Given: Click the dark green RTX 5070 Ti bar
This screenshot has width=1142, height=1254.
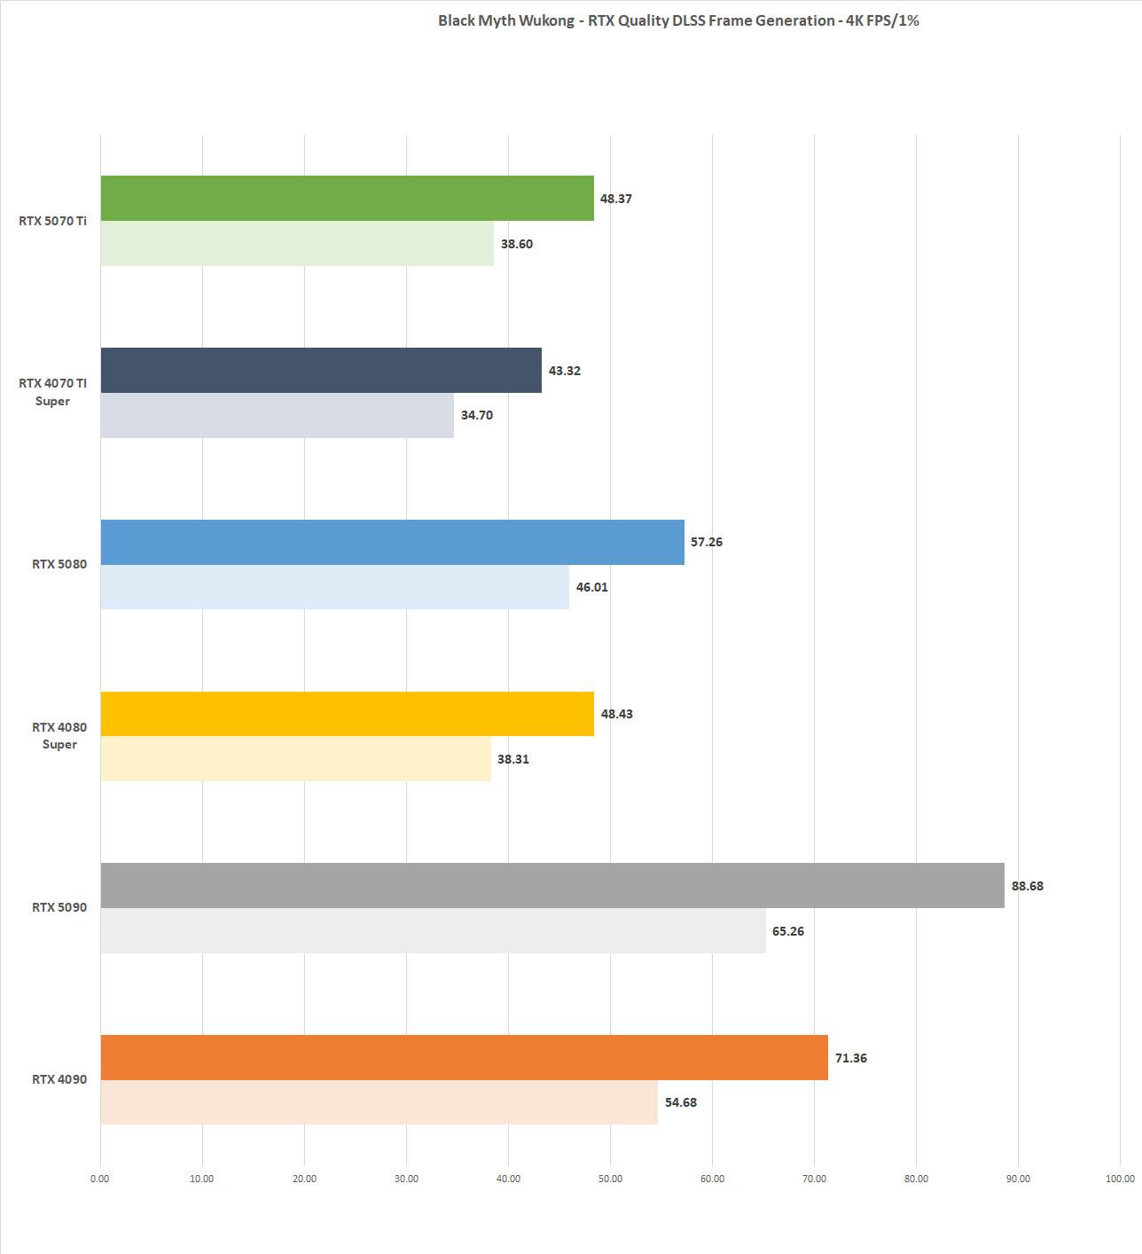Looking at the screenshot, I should point(347,198).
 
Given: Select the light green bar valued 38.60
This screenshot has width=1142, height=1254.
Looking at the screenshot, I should point(297,243).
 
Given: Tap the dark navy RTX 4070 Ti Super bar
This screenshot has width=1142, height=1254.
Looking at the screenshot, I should point(321,370).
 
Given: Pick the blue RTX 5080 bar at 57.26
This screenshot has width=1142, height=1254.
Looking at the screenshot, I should point(392,542).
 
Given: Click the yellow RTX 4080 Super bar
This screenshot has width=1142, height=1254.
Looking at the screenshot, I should point(347,714).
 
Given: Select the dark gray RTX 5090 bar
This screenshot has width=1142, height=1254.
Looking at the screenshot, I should point(552,885).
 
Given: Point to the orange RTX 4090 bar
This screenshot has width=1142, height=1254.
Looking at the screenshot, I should point(464,1057).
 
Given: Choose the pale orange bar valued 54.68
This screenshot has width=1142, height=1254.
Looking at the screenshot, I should point(379,1102).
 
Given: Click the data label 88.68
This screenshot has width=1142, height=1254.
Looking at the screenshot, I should point(1027,886).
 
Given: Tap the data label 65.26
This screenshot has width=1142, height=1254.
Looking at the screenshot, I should point(787,931).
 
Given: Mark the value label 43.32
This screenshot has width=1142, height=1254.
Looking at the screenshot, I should point(564,371).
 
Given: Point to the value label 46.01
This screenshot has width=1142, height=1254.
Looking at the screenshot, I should point(591,587).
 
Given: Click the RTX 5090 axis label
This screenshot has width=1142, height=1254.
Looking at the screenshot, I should point(59,907).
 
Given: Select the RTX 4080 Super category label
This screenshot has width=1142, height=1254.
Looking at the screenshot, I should point(59,735).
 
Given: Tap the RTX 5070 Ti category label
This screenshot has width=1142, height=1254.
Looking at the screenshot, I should point(53,221).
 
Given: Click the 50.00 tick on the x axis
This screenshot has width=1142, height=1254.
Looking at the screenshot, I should point(610,1179).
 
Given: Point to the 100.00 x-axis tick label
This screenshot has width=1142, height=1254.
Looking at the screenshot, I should point(1120,1179).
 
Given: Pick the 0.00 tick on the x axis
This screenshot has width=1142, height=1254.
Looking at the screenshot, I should point(100,1179).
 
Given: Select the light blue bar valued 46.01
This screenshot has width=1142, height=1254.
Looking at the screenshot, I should point(334,586).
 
